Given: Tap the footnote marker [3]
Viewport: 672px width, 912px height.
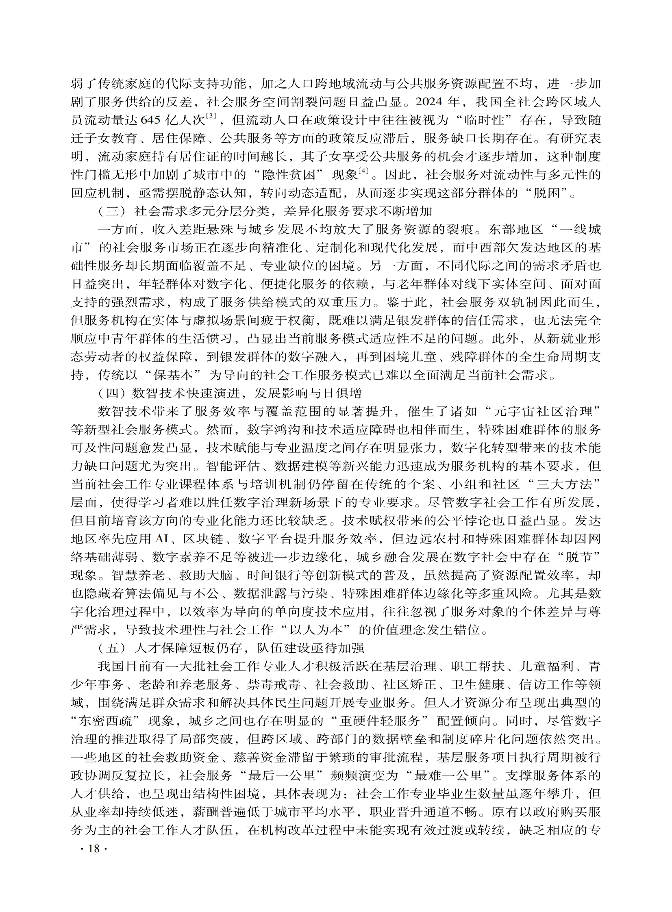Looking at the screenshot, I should point(211,116).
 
